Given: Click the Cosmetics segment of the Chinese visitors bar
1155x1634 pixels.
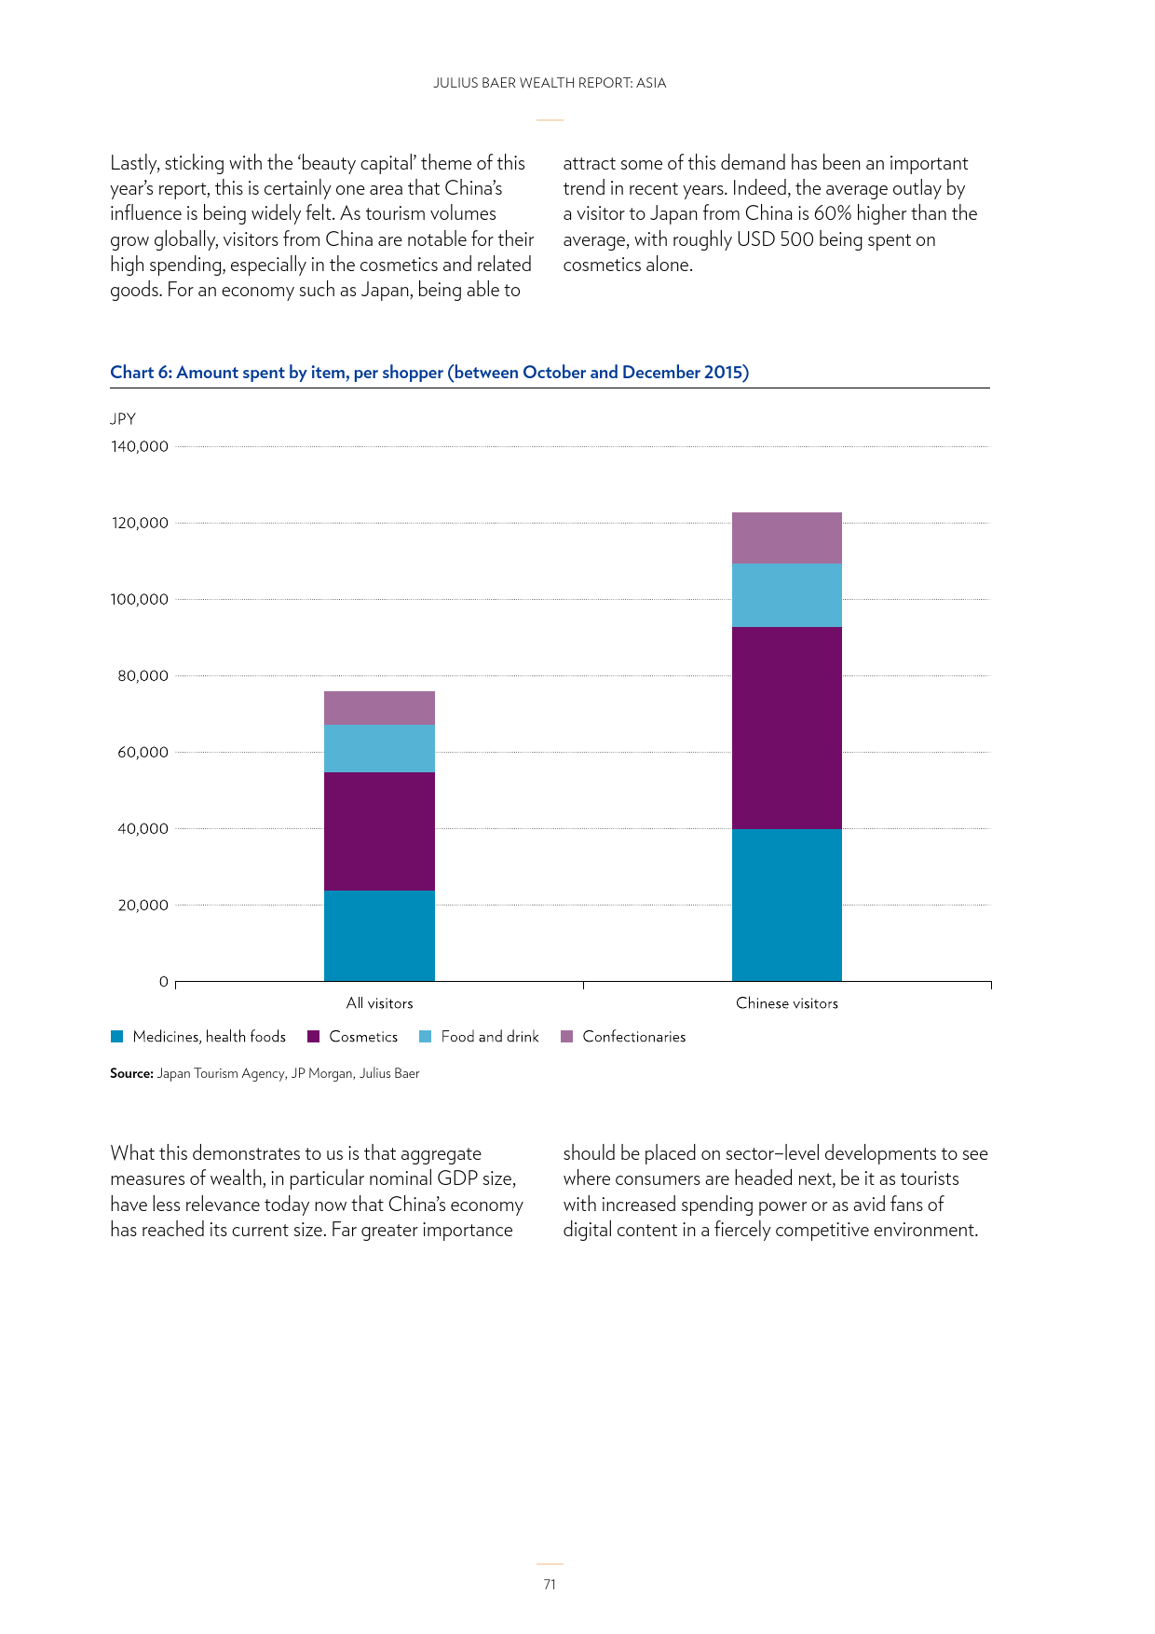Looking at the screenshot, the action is click(x=787, y=728).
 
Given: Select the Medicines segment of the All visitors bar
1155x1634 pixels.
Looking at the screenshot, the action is click(x=379, y=935).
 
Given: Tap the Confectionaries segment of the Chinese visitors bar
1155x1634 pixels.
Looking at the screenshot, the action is click(x=787, y=538).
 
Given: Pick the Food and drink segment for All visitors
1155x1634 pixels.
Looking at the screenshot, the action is click(x=379, y=748).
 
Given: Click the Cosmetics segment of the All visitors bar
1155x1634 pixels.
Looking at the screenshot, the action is click(x=379, y=831).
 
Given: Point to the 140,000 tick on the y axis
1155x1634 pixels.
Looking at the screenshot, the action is click(x=140, y=446).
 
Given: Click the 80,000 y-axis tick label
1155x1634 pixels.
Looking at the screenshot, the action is click(x=143, y=675).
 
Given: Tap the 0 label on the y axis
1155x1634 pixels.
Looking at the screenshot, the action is click(x=164, y=981).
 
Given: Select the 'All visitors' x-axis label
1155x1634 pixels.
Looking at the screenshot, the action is click(x=379, y=1003).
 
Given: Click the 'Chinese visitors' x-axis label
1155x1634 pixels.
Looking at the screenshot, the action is click(x=787, y=1003).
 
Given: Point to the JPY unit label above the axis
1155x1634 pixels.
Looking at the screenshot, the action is click(x=123, y=419).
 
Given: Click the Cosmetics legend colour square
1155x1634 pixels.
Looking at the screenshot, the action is click(x=313, y=1037).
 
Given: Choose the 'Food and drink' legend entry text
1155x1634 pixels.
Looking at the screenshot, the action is click(x=490, y=1037).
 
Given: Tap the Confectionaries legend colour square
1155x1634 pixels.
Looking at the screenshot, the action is click(x=566, y=1037).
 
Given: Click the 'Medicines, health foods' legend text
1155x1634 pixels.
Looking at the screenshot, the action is click(x=210, y=1037).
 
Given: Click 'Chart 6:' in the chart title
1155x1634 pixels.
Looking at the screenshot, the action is click(x=142, y=373).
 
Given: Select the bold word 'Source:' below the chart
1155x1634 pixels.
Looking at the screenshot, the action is click(x=131, y=1073).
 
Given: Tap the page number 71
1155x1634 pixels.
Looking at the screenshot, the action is click(x=550, y=1584).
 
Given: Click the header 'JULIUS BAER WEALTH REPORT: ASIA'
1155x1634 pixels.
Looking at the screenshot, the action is click(x=550, y=83).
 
